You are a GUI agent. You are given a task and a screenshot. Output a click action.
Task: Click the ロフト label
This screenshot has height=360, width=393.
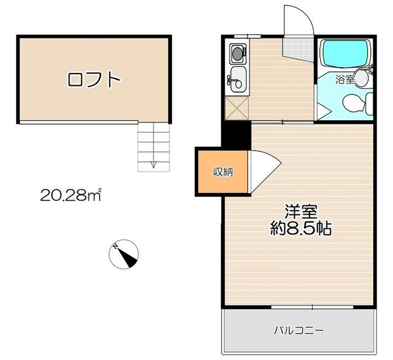click(94, 80)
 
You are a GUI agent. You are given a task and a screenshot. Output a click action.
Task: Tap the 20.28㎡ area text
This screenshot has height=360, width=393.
click(71, 194)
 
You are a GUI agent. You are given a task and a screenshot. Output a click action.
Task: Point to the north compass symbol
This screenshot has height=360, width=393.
click(124, 254)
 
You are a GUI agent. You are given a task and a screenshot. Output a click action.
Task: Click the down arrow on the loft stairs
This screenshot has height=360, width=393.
click(154, 164)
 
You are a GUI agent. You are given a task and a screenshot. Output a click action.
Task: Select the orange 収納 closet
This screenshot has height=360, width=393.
click(223, 172)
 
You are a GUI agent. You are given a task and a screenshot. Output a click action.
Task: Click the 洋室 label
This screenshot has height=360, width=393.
click(301, 212)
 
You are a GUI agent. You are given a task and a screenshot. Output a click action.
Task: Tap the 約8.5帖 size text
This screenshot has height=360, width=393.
click(301, 228)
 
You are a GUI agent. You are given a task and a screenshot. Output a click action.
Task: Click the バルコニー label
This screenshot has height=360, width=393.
click(299, 330)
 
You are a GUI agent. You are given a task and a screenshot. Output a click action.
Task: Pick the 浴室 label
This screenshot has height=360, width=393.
click(345, 80)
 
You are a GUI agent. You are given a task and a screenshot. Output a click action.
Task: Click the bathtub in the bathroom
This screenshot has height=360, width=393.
click(345, 53)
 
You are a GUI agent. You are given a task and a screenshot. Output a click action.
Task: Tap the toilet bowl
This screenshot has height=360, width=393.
click(354, 102)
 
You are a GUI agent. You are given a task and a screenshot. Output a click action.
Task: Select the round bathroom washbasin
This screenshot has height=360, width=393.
click(361, 78)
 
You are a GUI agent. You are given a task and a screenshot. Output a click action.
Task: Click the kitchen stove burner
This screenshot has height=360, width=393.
click(237, 53)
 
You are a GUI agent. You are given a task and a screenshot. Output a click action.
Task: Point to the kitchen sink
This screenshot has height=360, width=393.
click(238, 79)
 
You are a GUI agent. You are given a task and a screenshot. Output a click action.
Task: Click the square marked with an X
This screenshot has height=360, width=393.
click(237, 108)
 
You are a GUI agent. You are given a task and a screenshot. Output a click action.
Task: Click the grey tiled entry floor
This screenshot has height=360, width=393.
click(298, 50)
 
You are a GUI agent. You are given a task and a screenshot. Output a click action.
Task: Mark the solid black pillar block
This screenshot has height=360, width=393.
click(236, 136)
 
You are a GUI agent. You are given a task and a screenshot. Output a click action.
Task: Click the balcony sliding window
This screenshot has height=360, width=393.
click(313, 307)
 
